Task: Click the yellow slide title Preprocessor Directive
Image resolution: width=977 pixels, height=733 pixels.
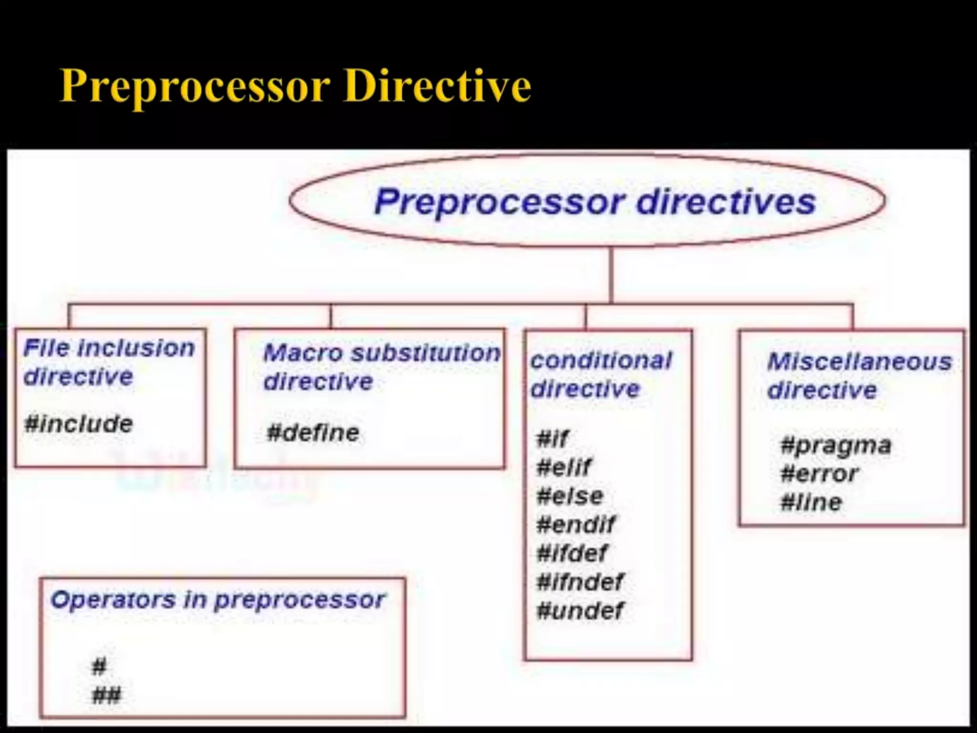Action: click(x=295, y=86)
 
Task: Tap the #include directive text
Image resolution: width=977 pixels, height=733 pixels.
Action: click(x=79, y=424)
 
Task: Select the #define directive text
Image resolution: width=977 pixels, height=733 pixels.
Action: click(x=313, y=433)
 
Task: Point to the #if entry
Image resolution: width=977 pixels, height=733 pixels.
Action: click(x=552, y=438)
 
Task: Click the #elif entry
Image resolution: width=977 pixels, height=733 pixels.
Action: click(x=563, y=467)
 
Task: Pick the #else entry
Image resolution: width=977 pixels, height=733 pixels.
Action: click(x=570, y=496)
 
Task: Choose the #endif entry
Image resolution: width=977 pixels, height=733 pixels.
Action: click(x=575, y=524)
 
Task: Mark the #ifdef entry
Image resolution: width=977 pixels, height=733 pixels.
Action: click(x=572, y=553)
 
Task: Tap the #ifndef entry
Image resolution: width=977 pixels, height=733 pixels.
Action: click(x=580, y=582)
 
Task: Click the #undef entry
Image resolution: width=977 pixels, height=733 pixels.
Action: click(x=580, y=610)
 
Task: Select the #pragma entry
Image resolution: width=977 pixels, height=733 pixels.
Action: click(x=836, y=446)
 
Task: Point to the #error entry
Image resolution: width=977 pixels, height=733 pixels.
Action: click(x=819, y=474)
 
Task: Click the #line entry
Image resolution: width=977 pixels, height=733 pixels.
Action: click(x=811, y=503)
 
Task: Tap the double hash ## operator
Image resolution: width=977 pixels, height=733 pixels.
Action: click(x=106, y=695)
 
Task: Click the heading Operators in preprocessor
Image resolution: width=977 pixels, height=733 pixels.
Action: click(x=218, y=600)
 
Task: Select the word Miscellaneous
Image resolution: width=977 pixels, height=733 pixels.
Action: click(x=859, y=362)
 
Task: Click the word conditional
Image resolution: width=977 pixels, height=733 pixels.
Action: click(x=601, y=360)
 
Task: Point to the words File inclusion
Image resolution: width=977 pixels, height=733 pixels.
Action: click(x=109, y=348)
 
